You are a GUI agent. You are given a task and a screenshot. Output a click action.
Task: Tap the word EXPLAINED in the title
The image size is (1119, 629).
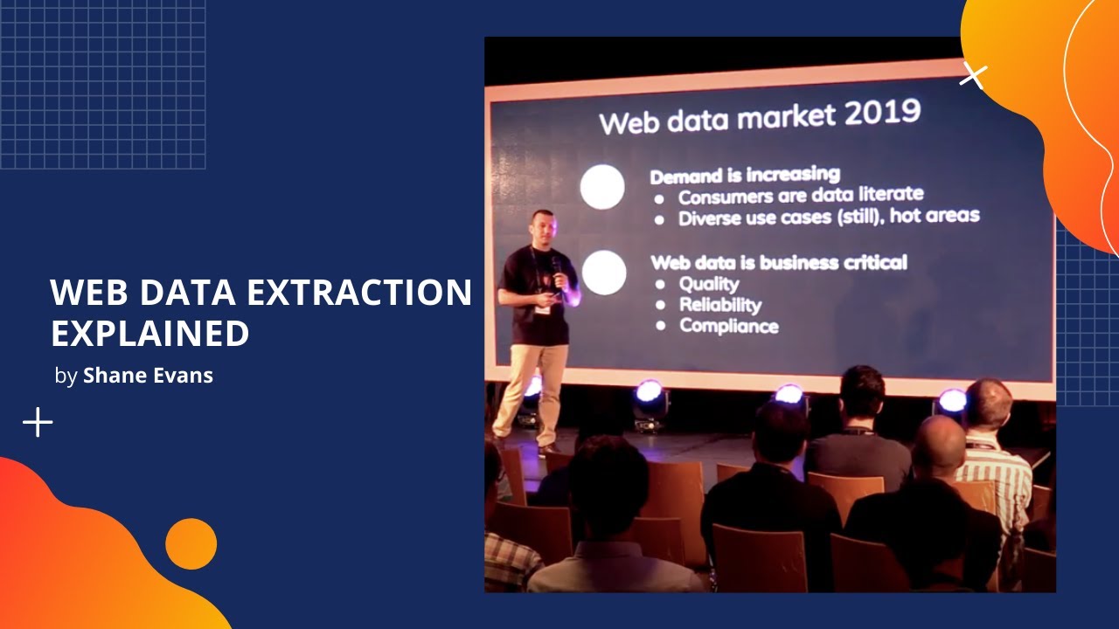click(149, 334)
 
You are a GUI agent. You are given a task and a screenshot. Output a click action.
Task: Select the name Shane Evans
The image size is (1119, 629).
click(148, 376)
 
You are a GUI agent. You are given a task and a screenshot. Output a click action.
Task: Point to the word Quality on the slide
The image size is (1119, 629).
click(709, 283)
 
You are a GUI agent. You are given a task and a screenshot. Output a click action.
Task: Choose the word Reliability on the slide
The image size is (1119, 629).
click(720, 304)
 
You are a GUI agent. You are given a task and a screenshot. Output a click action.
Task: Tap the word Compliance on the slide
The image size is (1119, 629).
click(729, 326)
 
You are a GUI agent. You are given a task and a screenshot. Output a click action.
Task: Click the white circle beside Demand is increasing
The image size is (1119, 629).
click(602, 187)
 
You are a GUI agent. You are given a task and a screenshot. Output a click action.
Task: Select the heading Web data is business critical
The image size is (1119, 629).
click(779, 262)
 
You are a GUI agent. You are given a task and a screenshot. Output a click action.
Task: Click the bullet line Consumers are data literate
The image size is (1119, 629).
click(800, 195)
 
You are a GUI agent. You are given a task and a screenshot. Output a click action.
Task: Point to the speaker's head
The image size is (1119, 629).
click(542, 225)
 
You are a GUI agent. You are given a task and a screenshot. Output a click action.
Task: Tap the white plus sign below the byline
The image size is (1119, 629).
click(38, 423)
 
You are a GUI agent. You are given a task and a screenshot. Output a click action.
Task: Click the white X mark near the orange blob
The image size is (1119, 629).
click(972, 76)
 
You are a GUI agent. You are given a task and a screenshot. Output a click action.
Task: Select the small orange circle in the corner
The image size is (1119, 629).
click(191, 544)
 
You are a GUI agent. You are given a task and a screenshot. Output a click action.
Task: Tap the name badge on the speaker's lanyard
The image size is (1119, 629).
click(544, 308)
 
